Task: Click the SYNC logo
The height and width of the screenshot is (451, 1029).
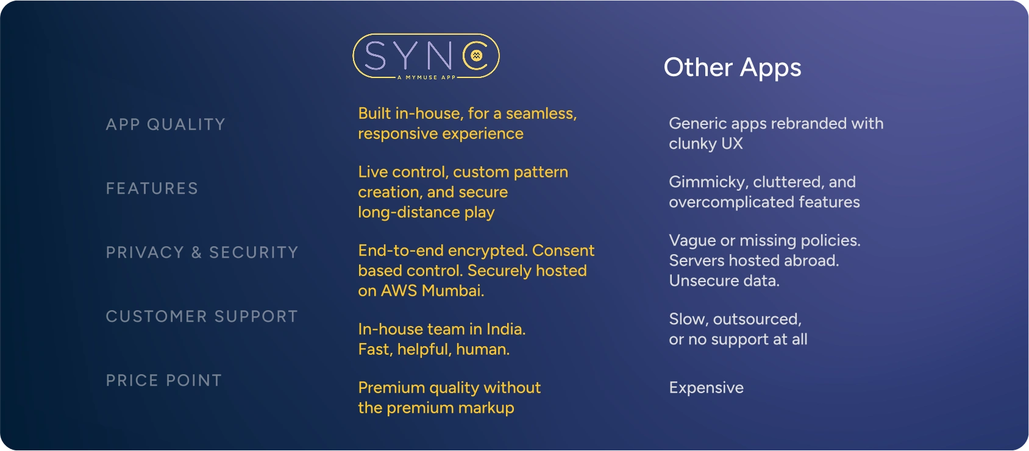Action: [x=426, y=56]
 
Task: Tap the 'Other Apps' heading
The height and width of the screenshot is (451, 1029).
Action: [x=732, y=68]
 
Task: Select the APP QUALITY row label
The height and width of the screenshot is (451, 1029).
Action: [x=165, y=124]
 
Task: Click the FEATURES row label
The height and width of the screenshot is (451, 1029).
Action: [x=152, y=188]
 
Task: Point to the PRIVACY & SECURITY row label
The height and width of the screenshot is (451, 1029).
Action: [x=202, y=252]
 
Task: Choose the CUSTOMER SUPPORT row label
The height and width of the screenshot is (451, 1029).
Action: [x=202, y=316]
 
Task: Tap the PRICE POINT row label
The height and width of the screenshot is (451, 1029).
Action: [x=164, y=380]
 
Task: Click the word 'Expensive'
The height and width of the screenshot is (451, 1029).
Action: [x=706, y=388]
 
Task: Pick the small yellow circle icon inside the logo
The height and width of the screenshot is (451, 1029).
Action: [x=476, y=55]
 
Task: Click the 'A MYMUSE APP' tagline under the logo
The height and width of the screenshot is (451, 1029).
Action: [x=426, y=77]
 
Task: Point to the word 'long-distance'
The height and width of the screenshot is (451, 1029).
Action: [x=409, y=212]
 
